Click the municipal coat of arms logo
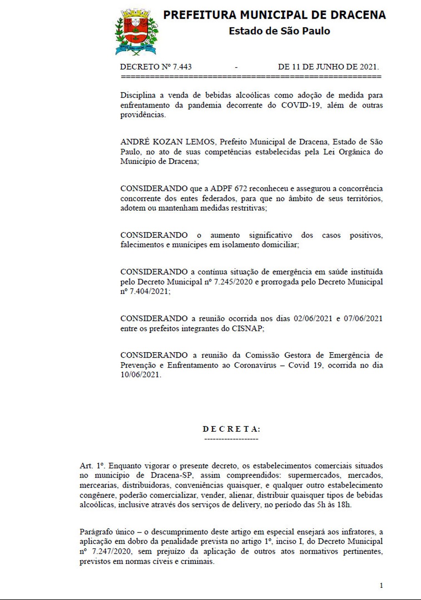coord(136,33)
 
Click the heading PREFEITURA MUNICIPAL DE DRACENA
coord(274,15)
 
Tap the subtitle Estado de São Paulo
coord(279,31)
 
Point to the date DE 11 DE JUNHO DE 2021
coord(328,67)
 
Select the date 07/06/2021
coord(363,319)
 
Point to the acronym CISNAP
coord(247,329)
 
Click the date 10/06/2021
coord(139,375)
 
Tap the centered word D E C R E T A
coord(231,429)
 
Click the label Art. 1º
coord(91,466)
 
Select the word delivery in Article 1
coord(245,505)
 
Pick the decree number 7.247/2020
coord(110,552)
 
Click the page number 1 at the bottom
coord(381,585)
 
